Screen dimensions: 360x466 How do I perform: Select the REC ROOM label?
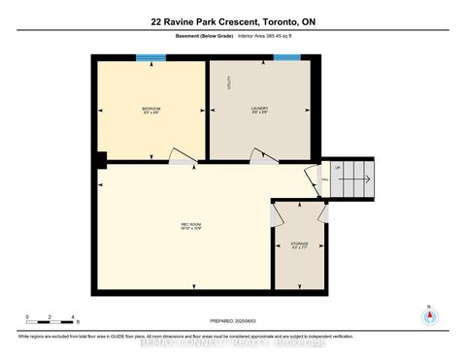(191, 227)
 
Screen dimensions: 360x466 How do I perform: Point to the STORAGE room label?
(300, 245)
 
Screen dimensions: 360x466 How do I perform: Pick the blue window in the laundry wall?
(286, 57)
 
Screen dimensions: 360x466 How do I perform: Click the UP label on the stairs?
(338, 168)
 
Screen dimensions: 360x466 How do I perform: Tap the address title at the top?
(233, 21)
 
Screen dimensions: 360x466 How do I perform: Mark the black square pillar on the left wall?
(99, 160)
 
